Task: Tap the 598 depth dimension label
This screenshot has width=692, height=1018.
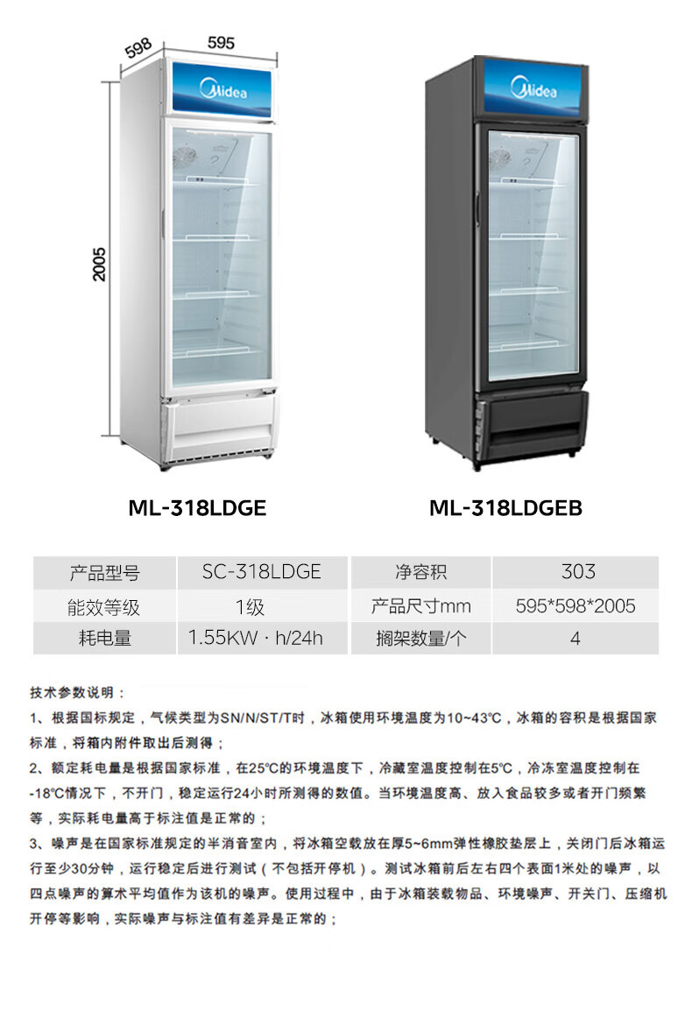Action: click(x=139, y=48)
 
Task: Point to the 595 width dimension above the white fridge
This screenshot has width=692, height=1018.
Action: click(x=221, y=42)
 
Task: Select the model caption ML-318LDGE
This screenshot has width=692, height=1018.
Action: click(x=197, y=508)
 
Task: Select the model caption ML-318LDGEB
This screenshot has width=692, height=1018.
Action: click(x=505, y=508)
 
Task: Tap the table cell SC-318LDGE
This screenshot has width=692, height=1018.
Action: click(x=262, y=573)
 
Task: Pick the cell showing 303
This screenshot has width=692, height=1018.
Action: click(x=576, y=573)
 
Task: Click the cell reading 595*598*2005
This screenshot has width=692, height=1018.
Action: click(x=576, y=606)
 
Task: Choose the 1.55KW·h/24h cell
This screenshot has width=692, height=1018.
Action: click(x=256, y=639)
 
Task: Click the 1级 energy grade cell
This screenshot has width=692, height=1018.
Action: click(x=251, y=606)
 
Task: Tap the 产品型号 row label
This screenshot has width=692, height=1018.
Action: click(x=104, y=573)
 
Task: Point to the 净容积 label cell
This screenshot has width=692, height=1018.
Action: click(x=420, y=573)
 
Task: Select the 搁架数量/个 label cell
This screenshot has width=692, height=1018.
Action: click(x=420, y=639)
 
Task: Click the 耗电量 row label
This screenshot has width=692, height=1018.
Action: click(x=104, y=639)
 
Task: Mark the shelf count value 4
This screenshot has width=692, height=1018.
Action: click(x=575, y=639)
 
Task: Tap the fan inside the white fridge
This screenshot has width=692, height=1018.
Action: click(x=184, y=159)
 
